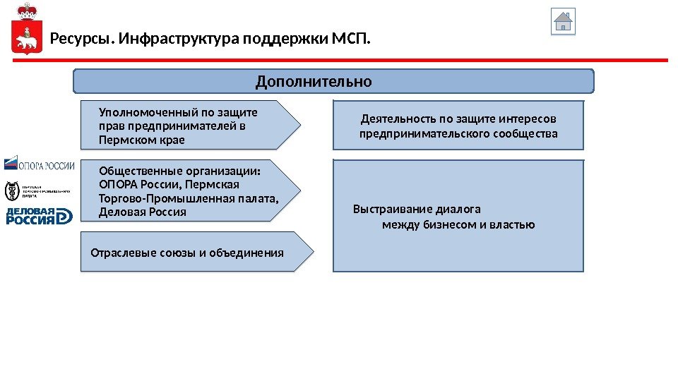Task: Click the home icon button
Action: coord(563,21)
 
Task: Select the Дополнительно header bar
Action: coord(334,82)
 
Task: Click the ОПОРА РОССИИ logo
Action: coord(40,165)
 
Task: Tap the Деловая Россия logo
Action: coord(40,216)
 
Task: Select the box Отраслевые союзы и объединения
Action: coord(188,251)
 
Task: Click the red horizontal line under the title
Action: coord(339,61)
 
